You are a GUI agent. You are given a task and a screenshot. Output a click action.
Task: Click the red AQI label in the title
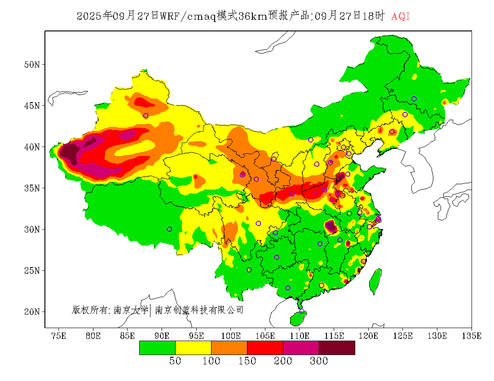(x=401, y=17)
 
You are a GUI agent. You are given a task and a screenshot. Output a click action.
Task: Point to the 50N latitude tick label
(x=31, y=65)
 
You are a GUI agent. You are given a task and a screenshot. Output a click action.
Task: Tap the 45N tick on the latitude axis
(x=31, y=106)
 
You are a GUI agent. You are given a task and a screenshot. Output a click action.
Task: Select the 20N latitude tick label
(x=31, y=312)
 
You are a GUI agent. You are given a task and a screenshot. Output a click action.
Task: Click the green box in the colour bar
(x=157, y=348)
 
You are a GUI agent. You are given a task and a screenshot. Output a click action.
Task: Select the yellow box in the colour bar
(x=193, y=348)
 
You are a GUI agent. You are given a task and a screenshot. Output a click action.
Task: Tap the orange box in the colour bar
(x=229, y=348)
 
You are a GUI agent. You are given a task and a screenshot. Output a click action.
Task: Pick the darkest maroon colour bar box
(x=337, y=348)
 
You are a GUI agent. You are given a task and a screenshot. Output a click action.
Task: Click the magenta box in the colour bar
(x=301, y=348)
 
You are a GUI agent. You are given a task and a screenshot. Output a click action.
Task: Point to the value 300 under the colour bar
(x=319, y=361)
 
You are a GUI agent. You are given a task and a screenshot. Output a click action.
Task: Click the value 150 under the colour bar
(x=247, y=361)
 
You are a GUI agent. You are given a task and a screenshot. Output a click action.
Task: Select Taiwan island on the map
(x=376, y=281)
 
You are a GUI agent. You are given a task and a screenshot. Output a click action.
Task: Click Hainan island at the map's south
(x=297, y=319)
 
